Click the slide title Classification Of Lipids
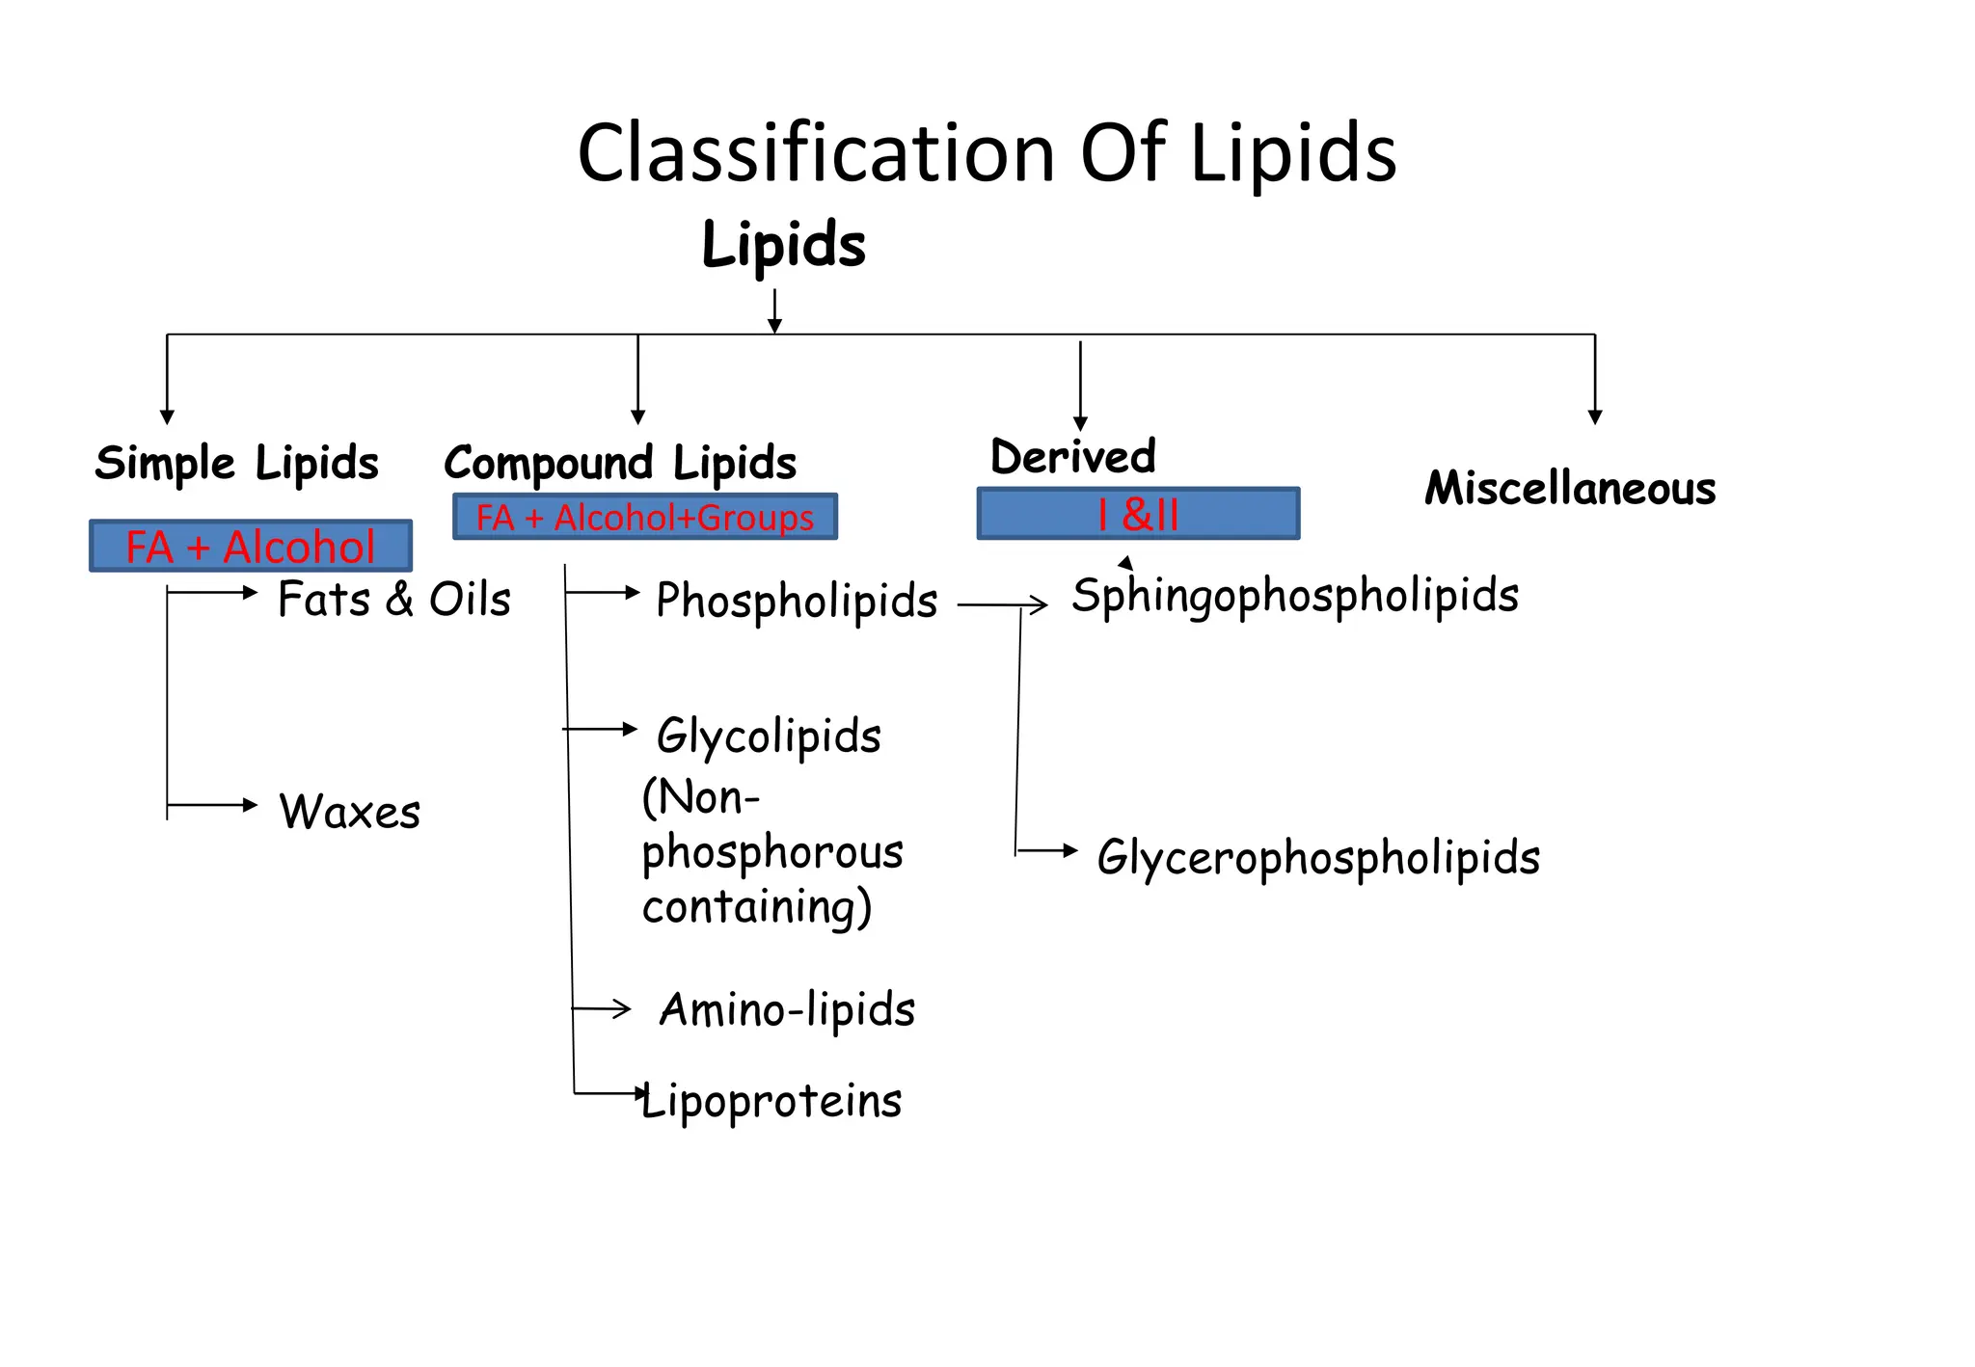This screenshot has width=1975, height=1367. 987,154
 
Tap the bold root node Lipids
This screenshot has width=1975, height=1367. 783,245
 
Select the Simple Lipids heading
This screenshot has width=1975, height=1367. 236,464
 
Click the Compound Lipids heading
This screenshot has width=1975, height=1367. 620,464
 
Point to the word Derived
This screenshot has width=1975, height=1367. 1072,457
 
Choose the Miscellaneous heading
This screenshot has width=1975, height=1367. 1570,489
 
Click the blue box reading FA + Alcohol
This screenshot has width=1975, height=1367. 251,547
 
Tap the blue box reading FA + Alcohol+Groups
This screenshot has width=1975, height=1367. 644,518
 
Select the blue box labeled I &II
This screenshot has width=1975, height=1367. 1138,514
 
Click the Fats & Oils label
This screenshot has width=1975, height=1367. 393,600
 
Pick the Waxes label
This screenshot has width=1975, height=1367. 349,812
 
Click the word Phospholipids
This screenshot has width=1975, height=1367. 797,601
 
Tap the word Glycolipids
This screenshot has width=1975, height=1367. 769,737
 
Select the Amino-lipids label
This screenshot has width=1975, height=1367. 787,1010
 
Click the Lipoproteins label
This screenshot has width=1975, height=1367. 771,1101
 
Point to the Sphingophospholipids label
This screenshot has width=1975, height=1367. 1294,596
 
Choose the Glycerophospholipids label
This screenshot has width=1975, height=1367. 1317,857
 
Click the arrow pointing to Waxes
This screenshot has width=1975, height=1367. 212,805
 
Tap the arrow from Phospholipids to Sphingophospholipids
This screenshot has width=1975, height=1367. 1003,605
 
